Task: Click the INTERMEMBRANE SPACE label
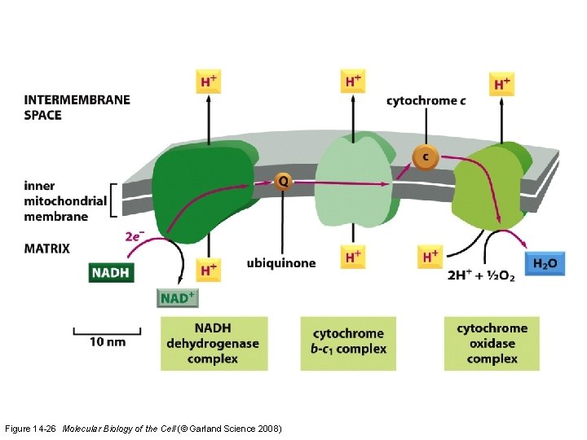pos(77,108)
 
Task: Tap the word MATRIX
pos(46,248)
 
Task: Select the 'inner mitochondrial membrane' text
pos(65,201)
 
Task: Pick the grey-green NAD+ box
pos(177,297)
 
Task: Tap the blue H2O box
pos(545,263)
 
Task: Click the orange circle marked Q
pos(282,182)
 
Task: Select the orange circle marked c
pos(424,156)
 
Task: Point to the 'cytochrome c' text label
pos(426,101)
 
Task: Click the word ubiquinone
pos(280,263)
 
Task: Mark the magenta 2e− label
pos(135,236)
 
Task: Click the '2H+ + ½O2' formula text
pos(481,276)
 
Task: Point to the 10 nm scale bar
pos(107,331)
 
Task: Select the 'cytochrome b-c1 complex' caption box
pos(349,342)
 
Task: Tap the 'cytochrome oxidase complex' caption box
pos(492,343)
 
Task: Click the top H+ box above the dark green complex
pos(210,81)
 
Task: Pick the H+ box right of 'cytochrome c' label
pos(501,83)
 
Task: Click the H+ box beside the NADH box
pos(209,269)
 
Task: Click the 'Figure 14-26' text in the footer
pos(30,429)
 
